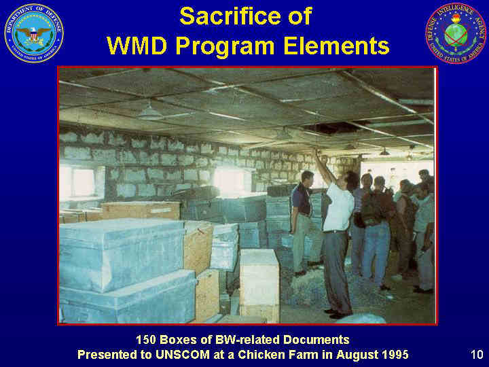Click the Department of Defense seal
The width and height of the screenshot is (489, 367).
click(x=34, y=33)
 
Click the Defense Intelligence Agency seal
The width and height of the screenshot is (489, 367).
click(x=456, y=33)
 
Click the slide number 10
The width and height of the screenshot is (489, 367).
click(x=477, y=355)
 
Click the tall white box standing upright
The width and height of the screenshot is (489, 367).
click(x=259, y=285)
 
